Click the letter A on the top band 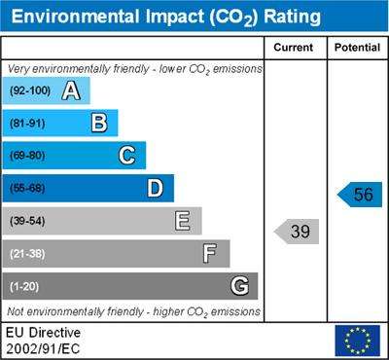pyautogui.click(x=71, y=90)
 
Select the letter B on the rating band pyautogui.click(x=99, y=123)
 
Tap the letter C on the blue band pyautogui.click(x=126, y=156)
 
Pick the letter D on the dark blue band pyautogui.click(x=156, y=188)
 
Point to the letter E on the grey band pyautogui.click(x=183, y=221)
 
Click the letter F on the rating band pyautogui.click(x=210, y=253)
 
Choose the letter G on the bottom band pyautogui.click(x=240, y=286)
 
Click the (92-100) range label pyautogui.click(x=30, y=90)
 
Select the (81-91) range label pyautogui.click(x=27, y=124)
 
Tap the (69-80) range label pyautogui.click(x=27, y=156)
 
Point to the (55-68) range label pyautogui.click(x=27, y=189)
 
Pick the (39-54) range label pyautogui.click(x=27, y=221)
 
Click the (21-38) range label pyautogui.click(x=27, y=254)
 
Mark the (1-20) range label pyautogui.click(x=24, y=286)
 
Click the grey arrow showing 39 pyautogui.click(x=297, y=232)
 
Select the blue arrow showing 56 pyautogui.click(x=360, y=195)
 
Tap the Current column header pyautogui.click(x=294, y=48)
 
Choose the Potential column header pyautogui.click(x=357, y=48)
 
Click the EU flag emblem pyautogui.click(x=358, y=341)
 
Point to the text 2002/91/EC pyautogui.click(x=43, y=349)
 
